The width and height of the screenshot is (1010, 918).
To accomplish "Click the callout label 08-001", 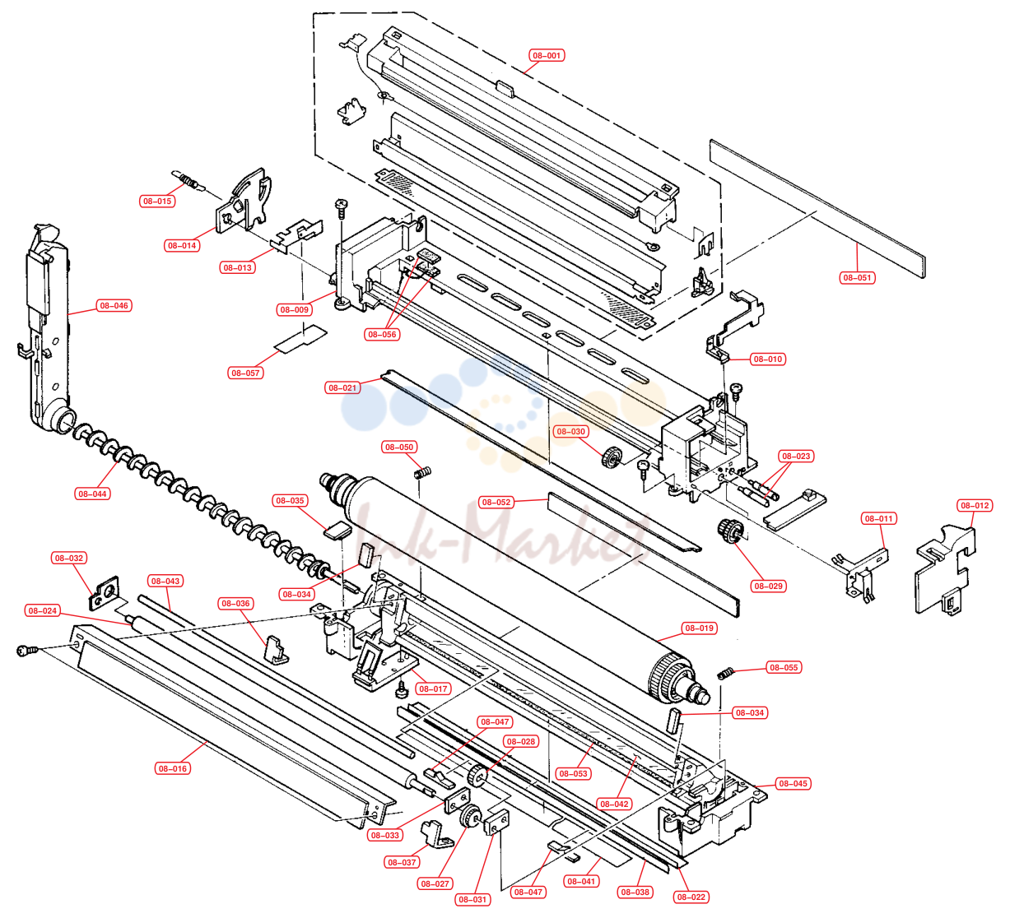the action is (547, 55).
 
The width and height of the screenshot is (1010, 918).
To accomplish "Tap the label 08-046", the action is (114, 305).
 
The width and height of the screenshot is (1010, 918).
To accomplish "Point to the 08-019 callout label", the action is (700, 628).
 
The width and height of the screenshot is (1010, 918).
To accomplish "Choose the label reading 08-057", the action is (245, 373).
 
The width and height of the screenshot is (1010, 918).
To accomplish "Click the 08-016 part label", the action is (173, 768).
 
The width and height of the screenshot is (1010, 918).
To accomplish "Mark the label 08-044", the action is (92, 494).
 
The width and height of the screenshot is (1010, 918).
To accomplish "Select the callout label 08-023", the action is (796, 456).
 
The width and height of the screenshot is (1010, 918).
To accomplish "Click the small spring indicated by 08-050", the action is (423, 473).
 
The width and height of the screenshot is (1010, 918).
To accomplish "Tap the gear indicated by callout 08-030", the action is (612, 457).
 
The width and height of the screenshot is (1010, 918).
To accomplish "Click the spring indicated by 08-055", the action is (725, 673).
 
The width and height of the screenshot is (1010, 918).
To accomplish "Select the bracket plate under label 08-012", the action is (945, 570).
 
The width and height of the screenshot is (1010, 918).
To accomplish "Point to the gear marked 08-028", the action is (477, 774).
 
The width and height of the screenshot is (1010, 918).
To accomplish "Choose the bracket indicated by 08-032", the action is (105, 593).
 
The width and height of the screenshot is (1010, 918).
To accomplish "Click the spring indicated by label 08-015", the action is (189, 180).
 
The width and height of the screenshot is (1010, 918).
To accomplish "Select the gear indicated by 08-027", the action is (471, 816).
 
